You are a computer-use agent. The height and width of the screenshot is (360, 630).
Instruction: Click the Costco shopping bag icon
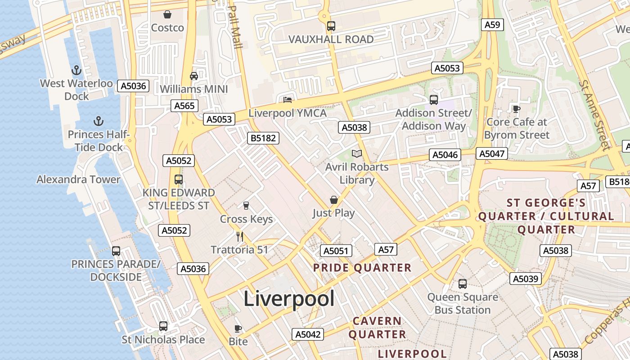[x=167, y=14]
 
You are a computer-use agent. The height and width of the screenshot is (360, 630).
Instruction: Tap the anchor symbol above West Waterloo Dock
[x=76, y=70]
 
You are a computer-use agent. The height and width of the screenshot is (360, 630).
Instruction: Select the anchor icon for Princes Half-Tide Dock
[x=98, y=121]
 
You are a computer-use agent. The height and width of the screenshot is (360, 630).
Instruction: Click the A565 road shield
[x=184, y=106]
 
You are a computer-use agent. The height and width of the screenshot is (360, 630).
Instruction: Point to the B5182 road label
[x=263, y=138]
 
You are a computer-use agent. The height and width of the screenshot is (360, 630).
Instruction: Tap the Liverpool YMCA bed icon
[x=288, y=99]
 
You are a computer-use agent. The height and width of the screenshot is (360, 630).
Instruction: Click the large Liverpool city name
[x=289, y=299]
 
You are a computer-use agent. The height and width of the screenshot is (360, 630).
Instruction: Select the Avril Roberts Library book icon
[x=357, y=154]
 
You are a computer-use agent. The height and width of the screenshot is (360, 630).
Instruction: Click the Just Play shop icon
[x=334, y=200]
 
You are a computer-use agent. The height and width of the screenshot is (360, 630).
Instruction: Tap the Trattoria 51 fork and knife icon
[x=240, y=236]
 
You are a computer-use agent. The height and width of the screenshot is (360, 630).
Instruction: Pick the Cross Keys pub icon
[x=246, y=206]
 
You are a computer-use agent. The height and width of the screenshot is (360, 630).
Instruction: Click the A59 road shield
[x=492, y=25]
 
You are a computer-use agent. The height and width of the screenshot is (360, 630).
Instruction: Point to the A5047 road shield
[x=492, y=153]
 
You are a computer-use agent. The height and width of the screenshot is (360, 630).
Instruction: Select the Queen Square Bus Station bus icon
[x=463, y=284]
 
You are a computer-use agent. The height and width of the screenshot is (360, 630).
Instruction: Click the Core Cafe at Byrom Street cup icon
[x=517, y=108]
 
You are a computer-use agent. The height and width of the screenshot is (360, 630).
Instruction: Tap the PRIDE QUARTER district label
[x=362, y=268]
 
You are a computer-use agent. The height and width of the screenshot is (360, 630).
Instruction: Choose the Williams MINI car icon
[x=194, y=76]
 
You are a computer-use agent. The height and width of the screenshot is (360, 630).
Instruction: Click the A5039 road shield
[x=525, y=279]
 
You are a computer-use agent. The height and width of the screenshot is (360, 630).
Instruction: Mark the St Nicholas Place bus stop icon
[x=163, y=326]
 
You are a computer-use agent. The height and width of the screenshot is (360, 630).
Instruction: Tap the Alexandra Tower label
[x=78, y=180]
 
